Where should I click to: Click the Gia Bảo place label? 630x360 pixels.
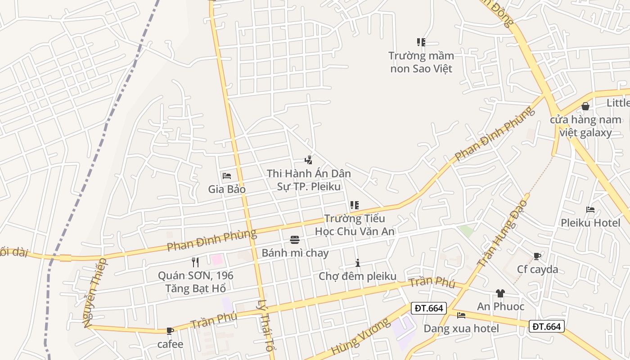(227, 189)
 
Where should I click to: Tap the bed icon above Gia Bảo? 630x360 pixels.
(227, 175)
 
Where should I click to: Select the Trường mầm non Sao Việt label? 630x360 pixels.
(421, 62)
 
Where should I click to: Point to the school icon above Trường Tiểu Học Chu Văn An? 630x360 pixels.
(355, 205)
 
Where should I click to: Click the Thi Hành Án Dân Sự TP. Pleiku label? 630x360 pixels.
(309, 180)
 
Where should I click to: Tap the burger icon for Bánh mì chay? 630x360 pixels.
(295, 240)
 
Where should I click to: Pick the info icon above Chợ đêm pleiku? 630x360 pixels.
(358, 263)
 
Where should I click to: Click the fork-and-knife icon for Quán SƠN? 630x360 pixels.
(195, 262)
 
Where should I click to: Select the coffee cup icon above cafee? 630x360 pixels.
(170, 331)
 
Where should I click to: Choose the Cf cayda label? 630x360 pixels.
(537, 270)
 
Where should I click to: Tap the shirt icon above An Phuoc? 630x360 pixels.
(500, 293)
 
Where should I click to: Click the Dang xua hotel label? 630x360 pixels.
(461, 328)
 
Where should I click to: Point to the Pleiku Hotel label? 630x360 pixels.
(590, 223)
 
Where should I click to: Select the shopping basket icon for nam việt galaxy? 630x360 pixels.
(585, 107)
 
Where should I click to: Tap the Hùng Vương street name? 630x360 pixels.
(360, 337)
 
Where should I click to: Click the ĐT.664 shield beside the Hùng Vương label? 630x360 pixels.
(429, 308)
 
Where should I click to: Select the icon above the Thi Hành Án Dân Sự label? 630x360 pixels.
(308, 160)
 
